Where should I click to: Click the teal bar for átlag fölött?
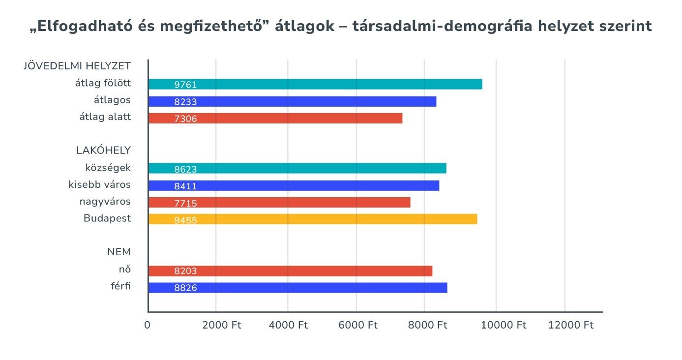315,84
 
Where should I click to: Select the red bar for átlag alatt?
275,118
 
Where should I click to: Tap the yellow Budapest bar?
312,219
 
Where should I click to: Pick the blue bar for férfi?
297,288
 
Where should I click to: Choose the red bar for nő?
290,271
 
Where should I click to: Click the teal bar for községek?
297,168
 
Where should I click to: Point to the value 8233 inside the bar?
185,102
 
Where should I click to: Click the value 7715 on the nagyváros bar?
185,203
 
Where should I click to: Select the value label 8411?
185,186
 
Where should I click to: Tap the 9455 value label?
185,220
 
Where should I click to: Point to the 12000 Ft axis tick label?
571,326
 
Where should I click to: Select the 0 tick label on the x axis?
147,326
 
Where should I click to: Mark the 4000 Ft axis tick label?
288,326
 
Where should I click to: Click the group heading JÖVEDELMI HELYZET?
77,66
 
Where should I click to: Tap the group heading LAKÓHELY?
103,150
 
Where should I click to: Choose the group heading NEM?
119,252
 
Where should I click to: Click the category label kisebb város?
100,185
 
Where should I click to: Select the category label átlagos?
112,100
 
